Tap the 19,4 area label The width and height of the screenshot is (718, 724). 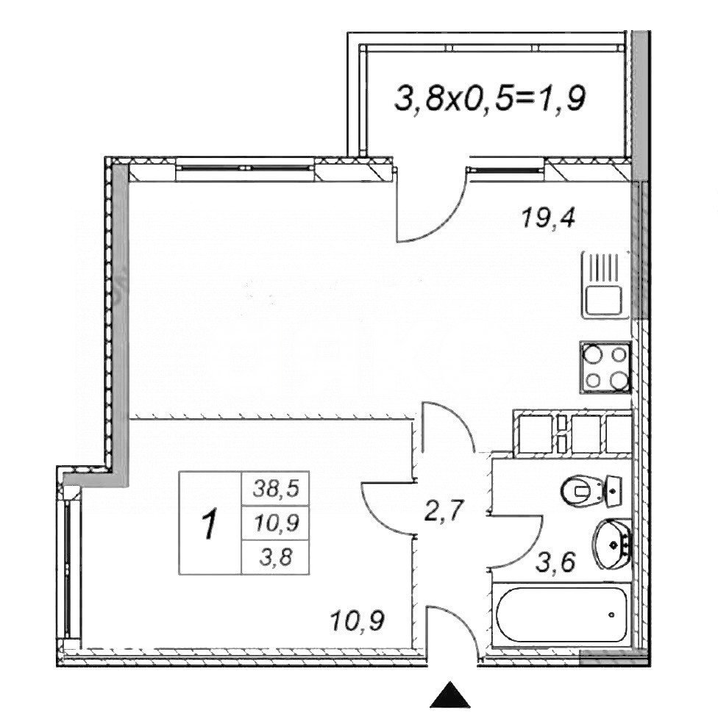(x=549, y=218)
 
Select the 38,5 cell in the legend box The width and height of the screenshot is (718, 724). (x=271, y=487)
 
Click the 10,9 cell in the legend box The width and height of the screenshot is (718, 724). (x=271, y=523)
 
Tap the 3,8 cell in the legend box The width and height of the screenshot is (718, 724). (x=271, y=556)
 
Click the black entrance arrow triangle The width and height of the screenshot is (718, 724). (x=449, y=695)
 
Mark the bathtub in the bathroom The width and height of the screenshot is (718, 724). (x=563, y=615)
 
